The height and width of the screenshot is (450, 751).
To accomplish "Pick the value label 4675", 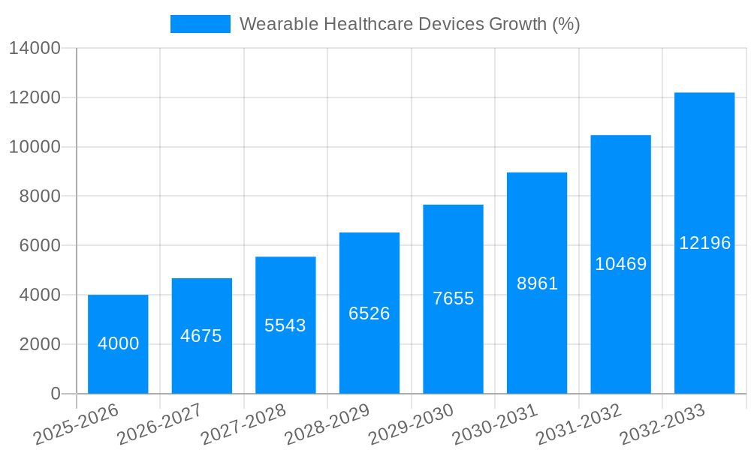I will (x=201, y=336).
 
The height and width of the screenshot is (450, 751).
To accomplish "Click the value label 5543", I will (x=285, y=325).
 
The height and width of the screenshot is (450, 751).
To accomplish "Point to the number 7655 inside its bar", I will (x=454, y=298).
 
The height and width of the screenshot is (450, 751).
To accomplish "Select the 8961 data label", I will (x=538, y=283).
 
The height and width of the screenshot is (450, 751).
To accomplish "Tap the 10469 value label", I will (x=621, y=264).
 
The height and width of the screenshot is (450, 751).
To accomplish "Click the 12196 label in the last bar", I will (x=704, y=243).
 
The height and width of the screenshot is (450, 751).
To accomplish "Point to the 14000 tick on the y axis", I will (x=35, y=49).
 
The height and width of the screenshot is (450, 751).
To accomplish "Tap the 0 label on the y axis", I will (x=56, y=394).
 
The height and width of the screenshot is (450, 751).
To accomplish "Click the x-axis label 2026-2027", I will (x=158, y=424).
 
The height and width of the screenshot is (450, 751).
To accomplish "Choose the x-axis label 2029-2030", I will (x=410, y=424).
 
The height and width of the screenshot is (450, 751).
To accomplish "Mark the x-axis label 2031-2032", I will (x=578, y=424).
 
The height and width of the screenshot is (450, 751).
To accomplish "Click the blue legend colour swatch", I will (x=201, y=24).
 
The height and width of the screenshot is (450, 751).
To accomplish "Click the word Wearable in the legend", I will (x=279, y=24).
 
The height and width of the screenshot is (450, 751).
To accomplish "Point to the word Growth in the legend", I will (x=518, y=24).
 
